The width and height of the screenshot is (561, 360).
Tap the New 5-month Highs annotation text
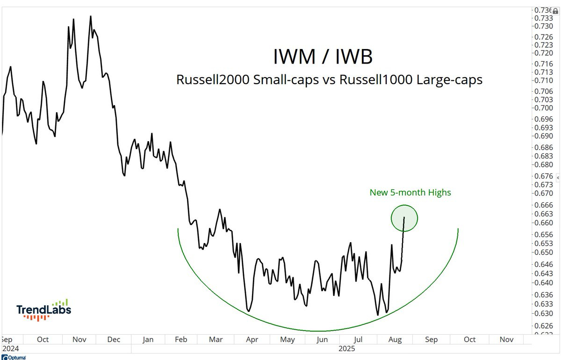click(x=410, y=192)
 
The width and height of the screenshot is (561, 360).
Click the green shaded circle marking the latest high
click(x=404, y=218)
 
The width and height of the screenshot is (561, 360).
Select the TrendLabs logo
click(x=43, y=310)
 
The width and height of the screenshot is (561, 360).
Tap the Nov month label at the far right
click(x=507, y=340)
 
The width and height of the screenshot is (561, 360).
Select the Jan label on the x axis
click(x=148, y=340)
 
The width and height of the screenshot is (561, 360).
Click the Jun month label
click(x=322, y=340)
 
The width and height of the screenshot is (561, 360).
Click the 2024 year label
click(x=9, y=349)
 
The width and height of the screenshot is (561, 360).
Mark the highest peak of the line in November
click(x=90, y=16)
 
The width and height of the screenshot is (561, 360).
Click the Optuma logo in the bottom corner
click(x=14, y=357)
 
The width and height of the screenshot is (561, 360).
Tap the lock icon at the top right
click(x=555, y=10)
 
